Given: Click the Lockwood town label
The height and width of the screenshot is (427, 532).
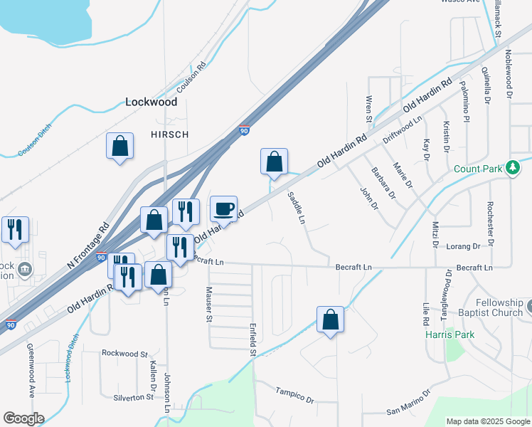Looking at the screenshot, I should coord(151,102).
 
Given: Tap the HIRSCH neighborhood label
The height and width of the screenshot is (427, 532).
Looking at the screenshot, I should coord(169,135).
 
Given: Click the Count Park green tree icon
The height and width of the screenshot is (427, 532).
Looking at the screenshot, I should coord(512,169).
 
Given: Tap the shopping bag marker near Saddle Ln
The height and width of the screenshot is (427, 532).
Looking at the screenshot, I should coord(274,163).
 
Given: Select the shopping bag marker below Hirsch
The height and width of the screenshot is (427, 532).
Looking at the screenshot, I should coord(120,147).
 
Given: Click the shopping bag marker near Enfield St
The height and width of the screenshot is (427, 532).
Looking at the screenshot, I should coord(331,321).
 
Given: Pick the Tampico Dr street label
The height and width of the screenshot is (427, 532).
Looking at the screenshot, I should coord(294,395).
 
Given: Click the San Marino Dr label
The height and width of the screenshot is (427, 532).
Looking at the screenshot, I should coord(408,402).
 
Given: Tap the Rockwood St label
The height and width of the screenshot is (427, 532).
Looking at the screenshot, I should coord(124,353).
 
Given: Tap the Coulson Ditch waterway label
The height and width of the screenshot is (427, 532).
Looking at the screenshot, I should coord(32,147).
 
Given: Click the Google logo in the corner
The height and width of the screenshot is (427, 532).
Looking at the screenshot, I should coord(23,418).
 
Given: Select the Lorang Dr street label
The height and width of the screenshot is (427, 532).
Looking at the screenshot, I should coord(463,246).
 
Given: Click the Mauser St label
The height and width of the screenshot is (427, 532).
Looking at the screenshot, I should coord(209,304).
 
